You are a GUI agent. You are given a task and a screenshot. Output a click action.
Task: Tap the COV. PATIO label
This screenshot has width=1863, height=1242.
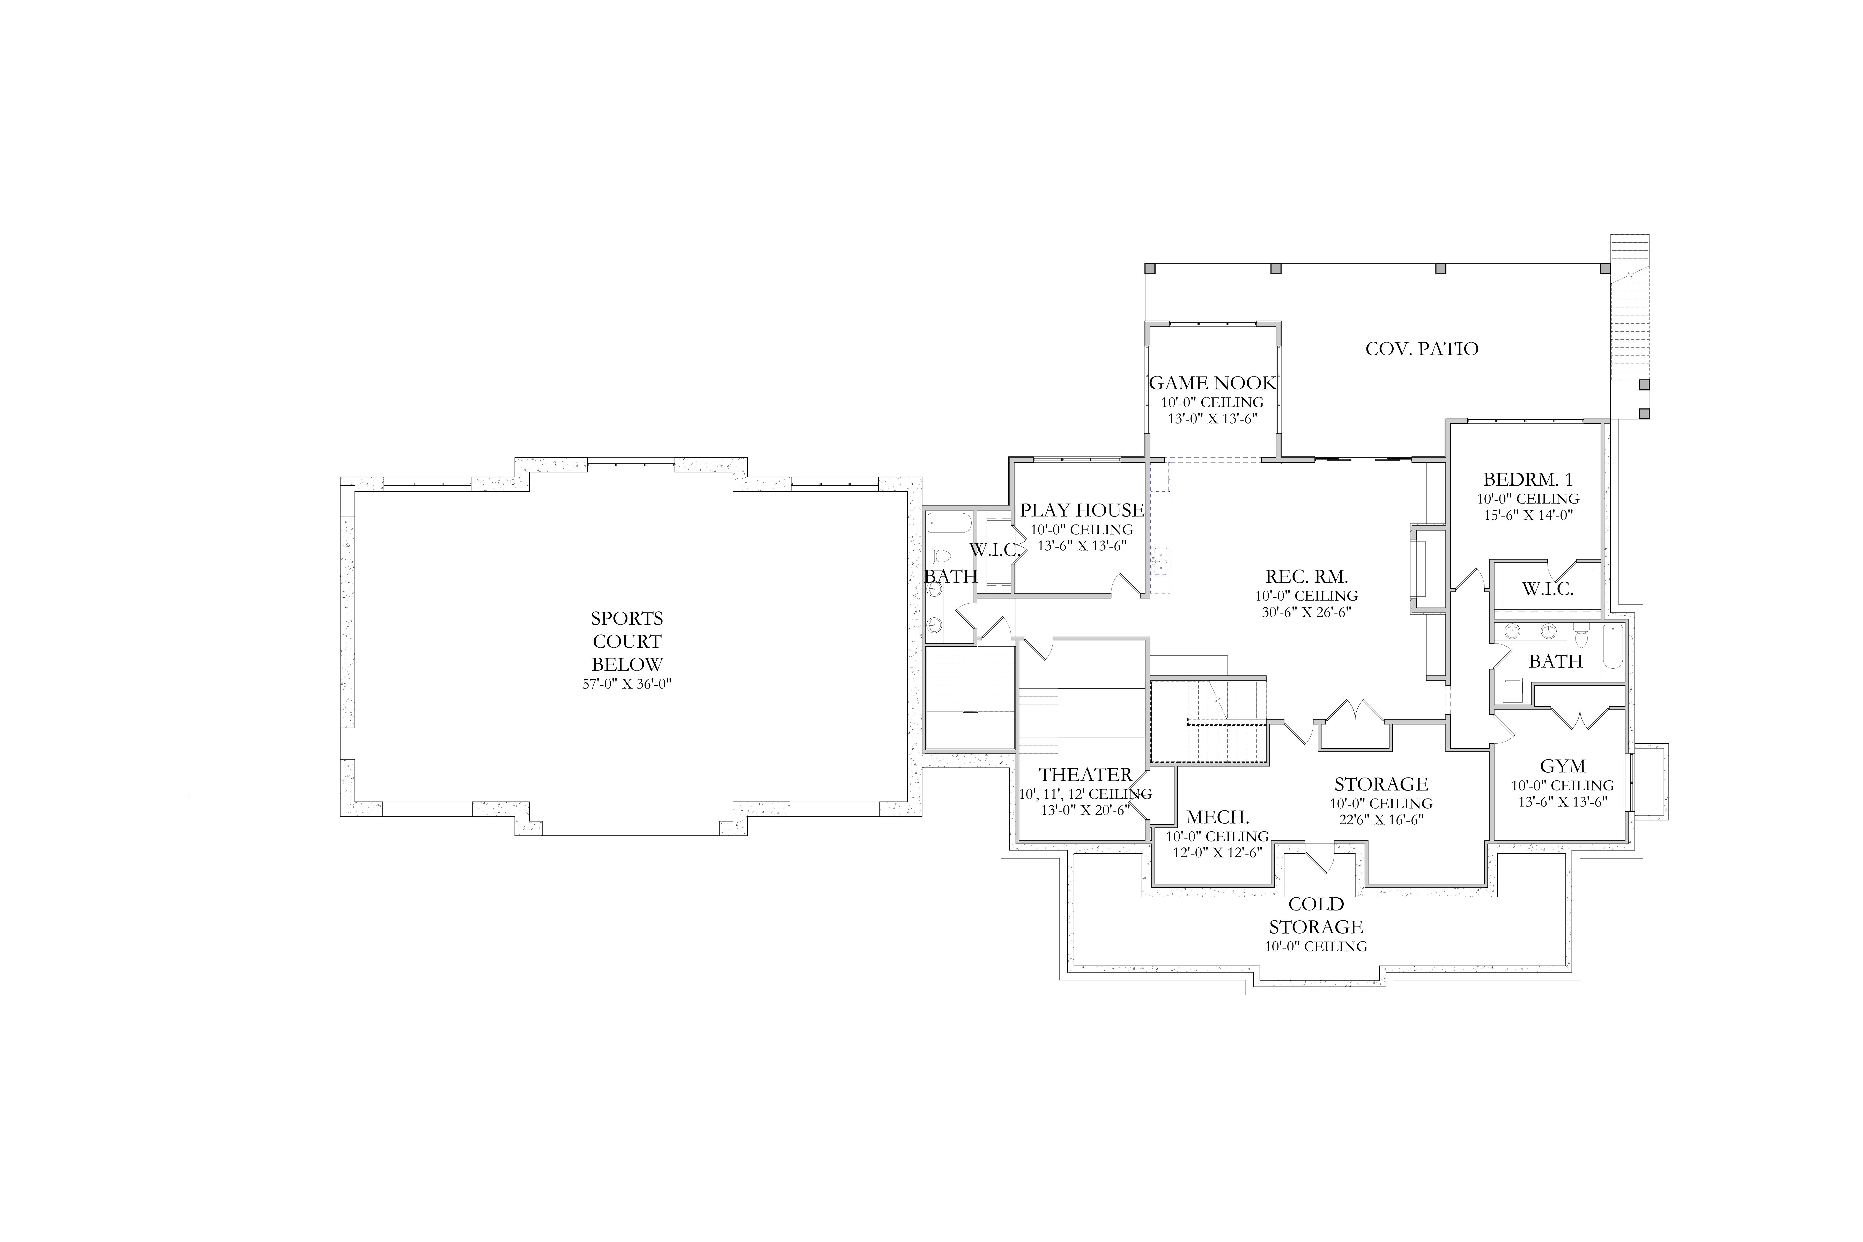click(x=1422, y=349)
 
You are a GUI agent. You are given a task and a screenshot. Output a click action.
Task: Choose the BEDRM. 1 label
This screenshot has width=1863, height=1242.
click(x=1527, y=479)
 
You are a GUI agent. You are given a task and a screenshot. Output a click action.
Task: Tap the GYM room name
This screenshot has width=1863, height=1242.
click(x=1563, y=766)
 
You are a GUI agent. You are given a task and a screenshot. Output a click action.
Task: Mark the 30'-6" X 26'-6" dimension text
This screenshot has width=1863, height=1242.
click(x=1306, y=611)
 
